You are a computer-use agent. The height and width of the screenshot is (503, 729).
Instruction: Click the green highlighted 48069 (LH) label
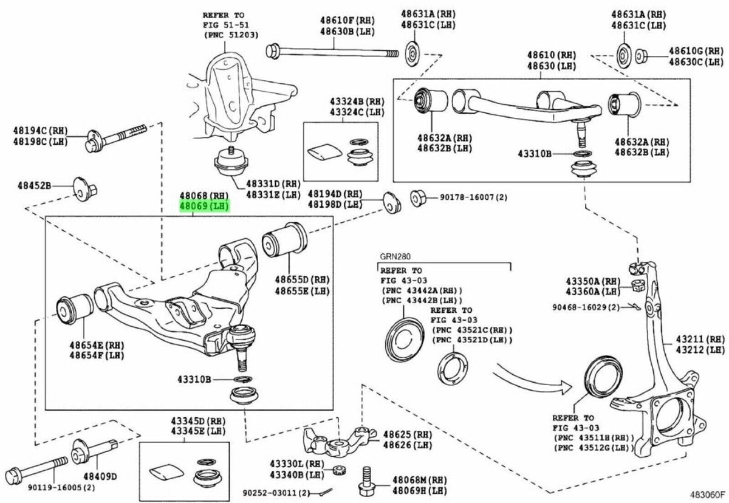203,207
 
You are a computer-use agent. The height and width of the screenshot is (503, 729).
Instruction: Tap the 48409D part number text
100,476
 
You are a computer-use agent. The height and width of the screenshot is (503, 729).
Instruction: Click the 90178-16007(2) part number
465,197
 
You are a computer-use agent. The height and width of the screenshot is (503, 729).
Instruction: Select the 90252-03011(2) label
276,492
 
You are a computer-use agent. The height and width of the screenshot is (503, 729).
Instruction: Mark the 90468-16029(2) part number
586,307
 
